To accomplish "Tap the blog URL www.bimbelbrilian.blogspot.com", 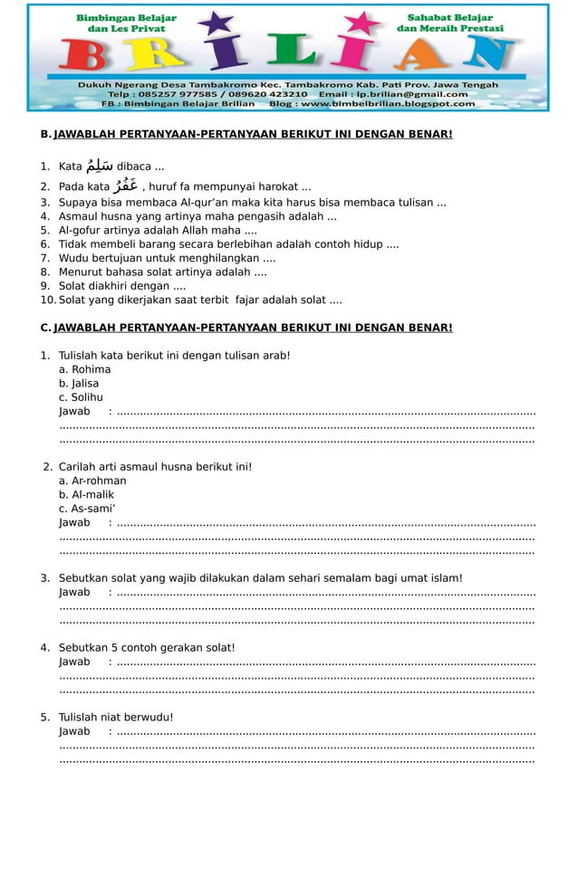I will (388, 104).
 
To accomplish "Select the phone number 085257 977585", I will (178, 94).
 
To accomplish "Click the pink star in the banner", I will (363, 22).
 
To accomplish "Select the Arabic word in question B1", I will (98, 166).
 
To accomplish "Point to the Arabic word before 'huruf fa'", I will (125, 186).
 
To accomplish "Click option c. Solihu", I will (81, 397).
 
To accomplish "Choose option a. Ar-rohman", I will (92, 481).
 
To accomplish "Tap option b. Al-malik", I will (86, 495).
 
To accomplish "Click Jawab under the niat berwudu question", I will (74, 732).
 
